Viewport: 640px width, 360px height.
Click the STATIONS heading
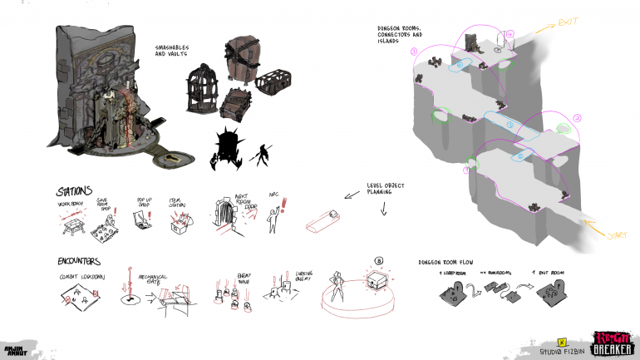[x=76, y=191]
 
